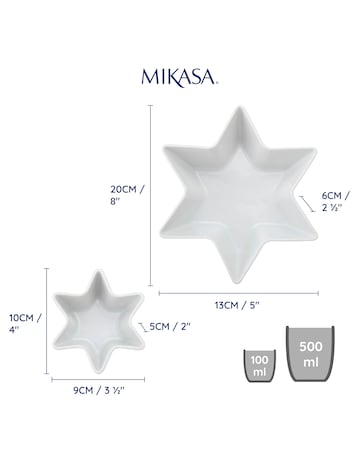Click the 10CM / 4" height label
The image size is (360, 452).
[x=23, y=324]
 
